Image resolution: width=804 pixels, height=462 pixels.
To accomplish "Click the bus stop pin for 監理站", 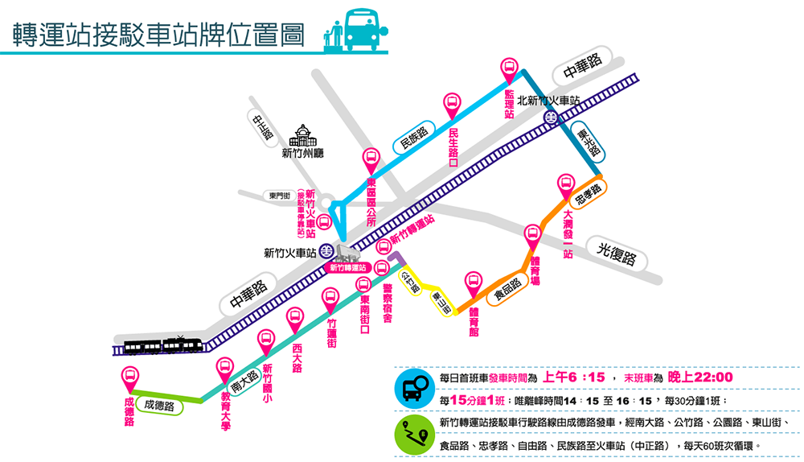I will click(x=509, y=69).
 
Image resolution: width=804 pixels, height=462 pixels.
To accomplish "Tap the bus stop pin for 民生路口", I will click(x=453, y=103).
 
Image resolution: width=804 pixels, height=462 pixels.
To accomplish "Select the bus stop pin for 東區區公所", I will click(x=371, y=159).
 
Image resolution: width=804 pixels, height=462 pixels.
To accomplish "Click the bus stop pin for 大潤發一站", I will click(x=565, y=184).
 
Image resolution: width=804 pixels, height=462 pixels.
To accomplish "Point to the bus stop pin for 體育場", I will click(x=531, y=235).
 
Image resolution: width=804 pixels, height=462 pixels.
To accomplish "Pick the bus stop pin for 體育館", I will click(x=474, y=283).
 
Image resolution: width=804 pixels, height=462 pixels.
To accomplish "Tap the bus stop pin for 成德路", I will click(x=129, y=376).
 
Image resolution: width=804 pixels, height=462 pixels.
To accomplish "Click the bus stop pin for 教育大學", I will click(x=226, y=367).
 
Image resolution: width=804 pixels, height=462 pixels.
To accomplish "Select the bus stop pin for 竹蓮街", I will click(x=330, y=298).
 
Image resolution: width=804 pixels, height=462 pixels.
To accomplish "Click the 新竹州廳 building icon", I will click(x=302, y=134).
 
